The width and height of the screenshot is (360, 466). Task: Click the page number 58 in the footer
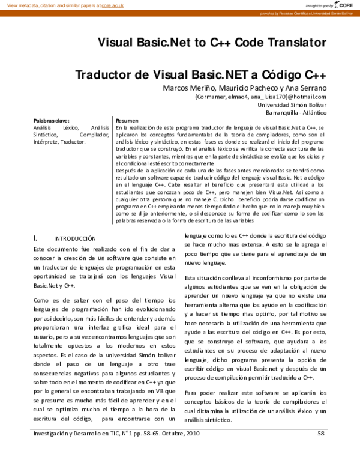coord(321,433)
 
